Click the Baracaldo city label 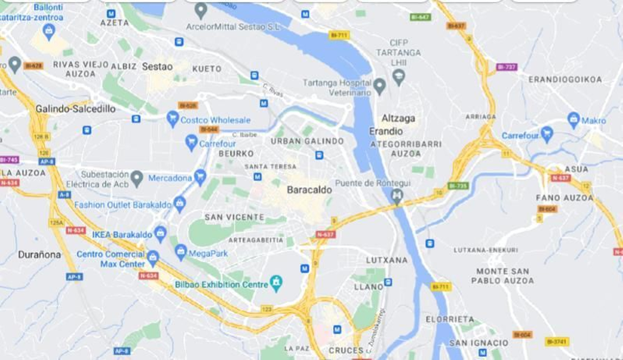pos(309,190)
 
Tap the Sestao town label pos(157,67)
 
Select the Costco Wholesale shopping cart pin pos(172,118)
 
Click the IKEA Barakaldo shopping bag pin pos(160,233)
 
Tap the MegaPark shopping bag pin pos(181,252)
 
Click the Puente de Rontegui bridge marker pos(397,196)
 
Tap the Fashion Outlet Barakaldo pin pos(180,203)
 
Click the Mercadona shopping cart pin pos(200,176)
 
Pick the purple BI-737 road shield pos(506,67)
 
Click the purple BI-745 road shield pos(9,160)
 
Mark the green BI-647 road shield pos(420,17)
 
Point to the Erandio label pos(385,131)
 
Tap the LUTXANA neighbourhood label pos(386,260)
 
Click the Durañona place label pos(39,255)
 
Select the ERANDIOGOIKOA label pos(565,79)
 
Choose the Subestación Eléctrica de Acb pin pos(137,178)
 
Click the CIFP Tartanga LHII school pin pos(398,76)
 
